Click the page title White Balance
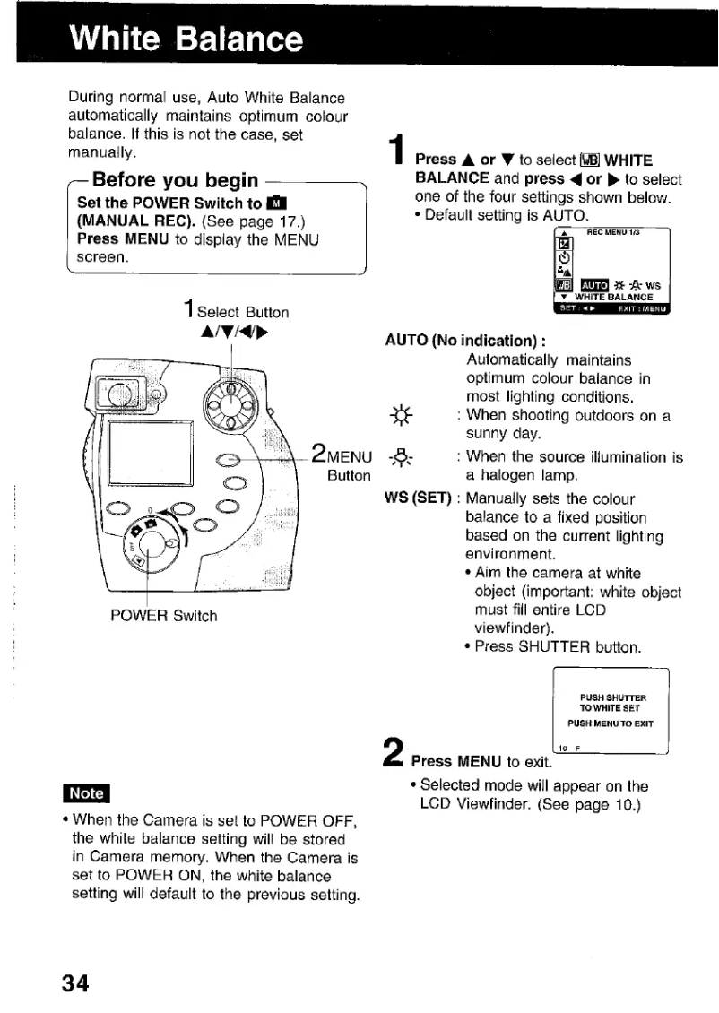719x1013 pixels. coord(187,39)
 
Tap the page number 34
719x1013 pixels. coord(75,983)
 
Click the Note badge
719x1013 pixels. coord(86,793)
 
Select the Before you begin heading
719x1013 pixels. coord(176,180)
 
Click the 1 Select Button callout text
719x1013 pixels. coord(234,312)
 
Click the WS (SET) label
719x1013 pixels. coord(416,498)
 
